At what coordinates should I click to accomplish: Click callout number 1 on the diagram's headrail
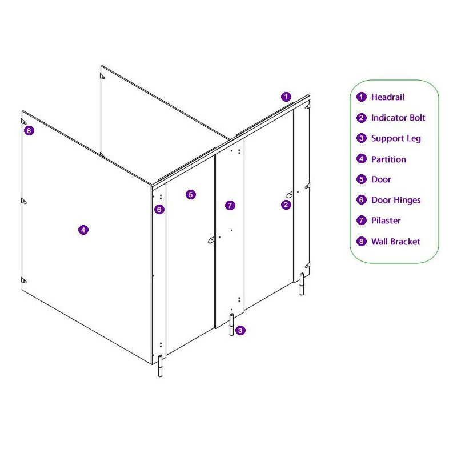[x=286, y=97]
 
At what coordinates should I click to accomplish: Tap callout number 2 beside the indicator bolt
[x=286, y=205]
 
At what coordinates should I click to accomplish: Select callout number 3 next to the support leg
[x=240, y=331]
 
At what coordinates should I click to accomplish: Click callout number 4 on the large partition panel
[x=83, y=230]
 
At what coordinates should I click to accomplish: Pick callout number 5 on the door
[x=191, y=194]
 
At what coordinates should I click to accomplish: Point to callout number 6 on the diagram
[x=159, y=209]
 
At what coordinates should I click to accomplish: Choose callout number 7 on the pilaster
[x=230, y=206]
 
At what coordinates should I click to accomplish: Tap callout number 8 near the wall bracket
[x=29, y=131]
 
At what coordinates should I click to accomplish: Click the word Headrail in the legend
[x=388, y=97]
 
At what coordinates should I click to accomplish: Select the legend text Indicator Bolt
[x=398, y=118]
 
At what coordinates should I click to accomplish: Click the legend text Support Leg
[x=396, y=139]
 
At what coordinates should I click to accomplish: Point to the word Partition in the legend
[x=388, y=159]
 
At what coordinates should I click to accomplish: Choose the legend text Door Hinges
[x=396, y=201]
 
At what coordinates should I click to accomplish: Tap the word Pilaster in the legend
[x=386, y=221]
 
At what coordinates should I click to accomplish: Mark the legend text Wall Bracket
[x=395, y=242]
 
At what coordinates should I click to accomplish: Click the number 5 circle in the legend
[x=362, y=179]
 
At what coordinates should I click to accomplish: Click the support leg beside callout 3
[x=232, y=324]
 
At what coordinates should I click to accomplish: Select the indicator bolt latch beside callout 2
[x=290, y=194]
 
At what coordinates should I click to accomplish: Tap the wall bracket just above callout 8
[x=23, y=121]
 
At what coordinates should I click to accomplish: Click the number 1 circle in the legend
[x=362, y=97]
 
